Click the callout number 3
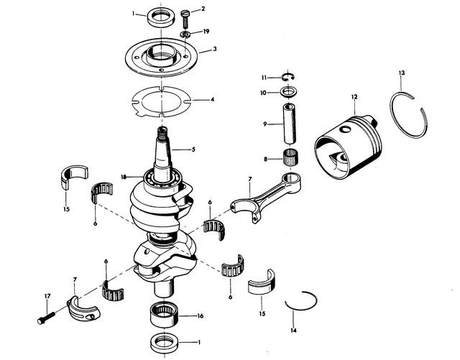click(x=206, y=50)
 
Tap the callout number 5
click(x=193, y=149)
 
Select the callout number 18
click(x=124, y=176)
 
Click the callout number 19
click(x=207, y=32)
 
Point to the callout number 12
click(x=354, y=96)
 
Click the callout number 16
click(x=201, y=315)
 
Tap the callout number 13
click(x=402, y=73)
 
